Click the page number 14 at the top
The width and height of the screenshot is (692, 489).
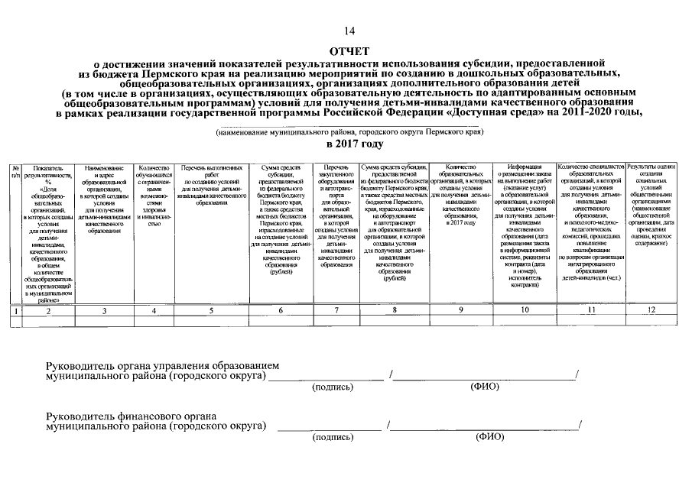pyautogui.click(x=349, y=31)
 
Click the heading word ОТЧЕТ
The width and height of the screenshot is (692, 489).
pyautogui.click(x=349, y=47)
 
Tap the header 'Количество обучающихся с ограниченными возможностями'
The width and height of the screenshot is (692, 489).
pyautogui.click(x=154, y=196)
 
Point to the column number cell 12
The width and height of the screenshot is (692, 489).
pyautogui.click(x=651, y=311)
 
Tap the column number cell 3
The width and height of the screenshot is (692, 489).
pyautogui.click(x=105, y=311)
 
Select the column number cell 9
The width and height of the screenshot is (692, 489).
pyautogui.click(x=460, y=311)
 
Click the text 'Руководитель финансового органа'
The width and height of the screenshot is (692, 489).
pyautogui.click(x=131, y=416)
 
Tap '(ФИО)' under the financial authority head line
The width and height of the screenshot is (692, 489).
pyautogui.click(x=489, y=437)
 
